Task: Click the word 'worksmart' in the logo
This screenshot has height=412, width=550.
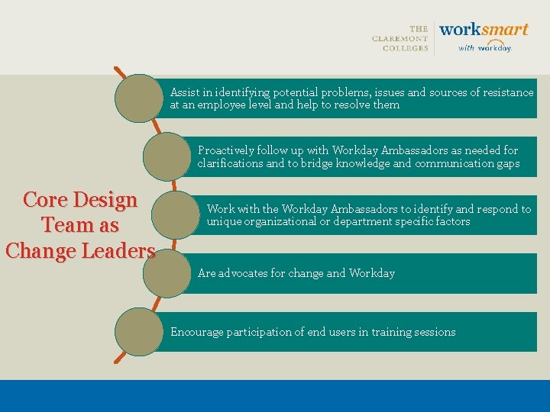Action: [484, 30]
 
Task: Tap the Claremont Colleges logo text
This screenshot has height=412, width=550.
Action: [400, 38]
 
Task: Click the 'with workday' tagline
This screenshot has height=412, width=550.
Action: [484, 48]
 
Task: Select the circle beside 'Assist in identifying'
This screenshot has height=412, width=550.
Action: [139, 98]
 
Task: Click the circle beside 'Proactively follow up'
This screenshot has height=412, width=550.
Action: [167, 156]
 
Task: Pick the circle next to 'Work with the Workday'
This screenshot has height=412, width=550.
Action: [176, 214]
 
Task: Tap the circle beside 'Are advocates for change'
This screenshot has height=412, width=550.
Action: [167, 273]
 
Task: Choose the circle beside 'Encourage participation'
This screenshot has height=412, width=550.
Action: [139, 331]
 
